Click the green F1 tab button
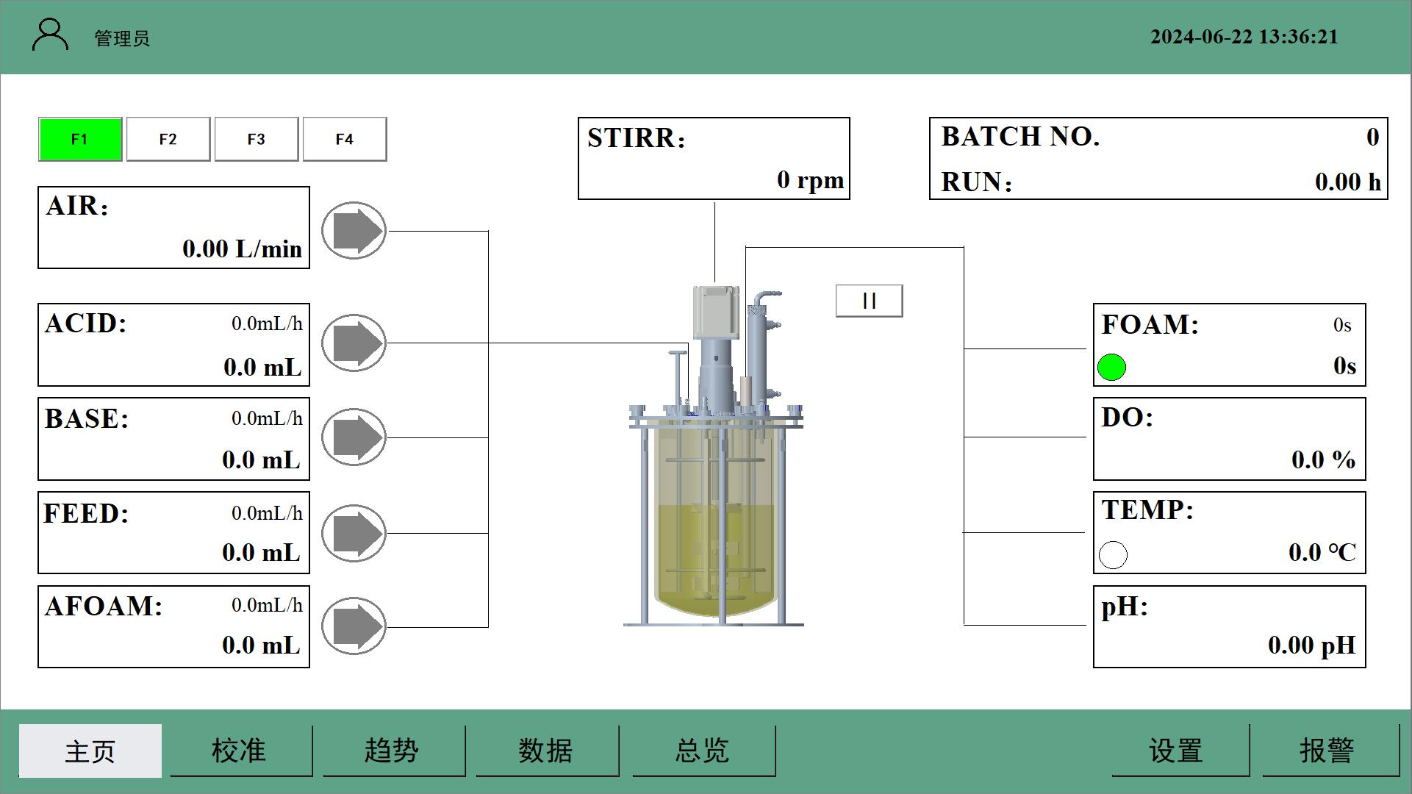point(80,139)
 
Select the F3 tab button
point(256,139)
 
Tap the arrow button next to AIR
point(354,230)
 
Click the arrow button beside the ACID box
point(354,343)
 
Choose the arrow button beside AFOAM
point(354,626)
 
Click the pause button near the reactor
point(869,301)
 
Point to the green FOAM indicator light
point(1111,368)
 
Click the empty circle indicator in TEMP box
point(1113,555)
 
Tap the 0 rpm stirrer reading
point(810,180)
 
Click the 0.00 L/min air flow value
point(242,249)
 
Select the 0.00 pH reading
point(1311,645)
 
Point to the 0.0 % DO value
point(1323,460)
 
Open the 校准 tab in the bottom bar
point(239,751)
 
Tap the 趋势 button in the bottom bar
point(392,751)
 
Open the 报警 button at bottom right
point(1327,751)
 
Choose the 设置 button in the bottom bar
point(1176,751)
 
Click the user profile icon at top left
point(50,36)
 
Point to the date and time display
point(1244,37)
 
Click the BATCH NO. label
point(1020,137)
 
